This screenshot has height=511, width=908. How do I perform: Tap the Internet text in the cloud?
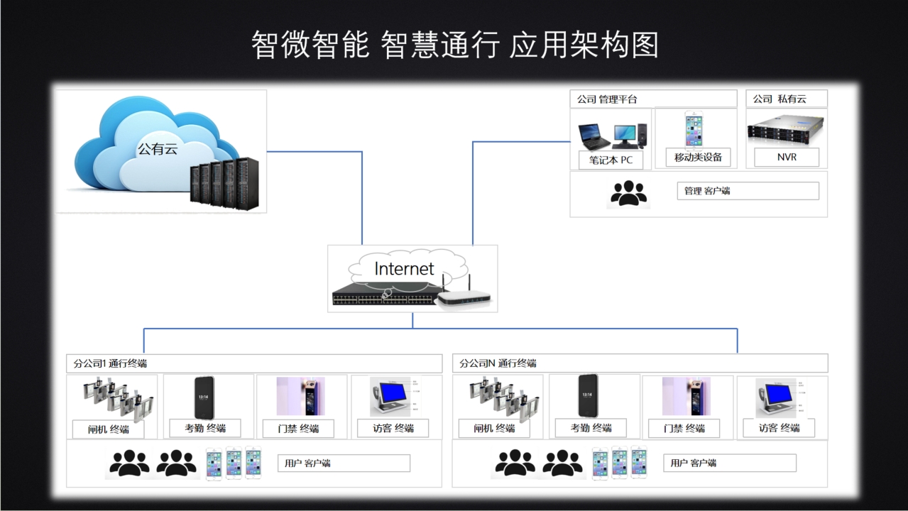pyautogui.click(x=404, y=269)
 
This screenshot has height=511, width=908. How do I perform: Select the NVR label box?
pyautogui.click(x=787, y=157)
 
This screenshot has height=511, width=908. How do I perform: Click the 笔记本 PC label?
pyautogui.click(x=611, y=160)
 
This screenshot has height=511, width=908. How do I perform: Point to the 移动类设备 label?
pyautogui.click(x=698, y=158)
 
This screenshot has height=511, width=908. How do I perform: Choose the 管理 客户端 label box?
pyautogui.click(x=747, y=191)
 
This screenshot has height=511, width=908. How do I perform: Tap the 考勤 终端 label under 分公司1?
pyautogui.click(x=205, y=428)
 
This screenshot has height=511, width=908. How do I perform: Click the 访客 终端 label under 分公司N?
pyautogui.click(x=779, y=428)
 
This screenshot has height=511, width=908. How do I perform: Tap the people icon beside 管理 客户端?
pyautogui.click(x=628, y=193)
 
